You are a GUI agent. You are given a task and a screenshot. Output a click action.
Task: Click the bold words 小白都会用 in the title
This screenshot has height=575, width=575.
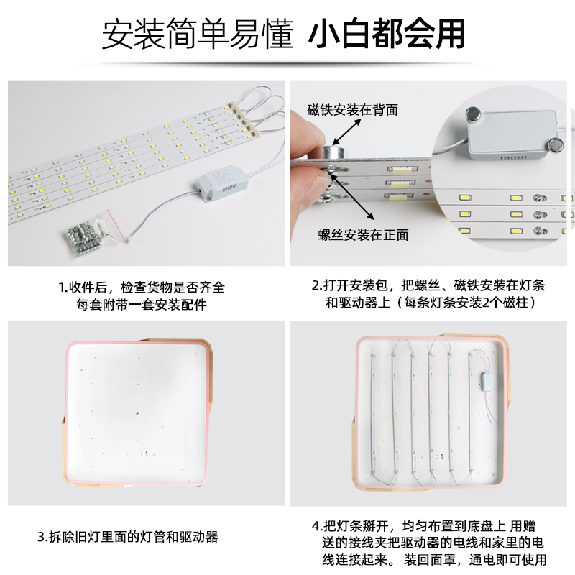pyautogui.click(x=386, y=33)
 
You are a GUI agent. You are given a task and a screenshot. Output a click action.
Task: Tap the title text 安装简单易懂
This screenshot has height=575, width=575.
pyautogui.click(x=197, y=34)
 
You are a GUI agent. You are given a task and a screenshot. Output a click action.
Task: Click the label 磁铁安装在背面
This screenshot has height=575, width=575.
pyautogui.click(x=352, y=110)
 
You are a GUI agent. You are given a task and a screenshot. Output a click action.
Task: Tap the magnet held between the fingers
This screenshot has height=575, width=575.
pyautogui.click(x=332, y=152)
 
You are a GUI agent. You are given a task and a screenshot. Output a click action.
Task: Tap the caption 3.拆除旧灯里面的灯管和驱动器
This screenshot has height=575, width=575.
pyautogui.click(x=127, y=537)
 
